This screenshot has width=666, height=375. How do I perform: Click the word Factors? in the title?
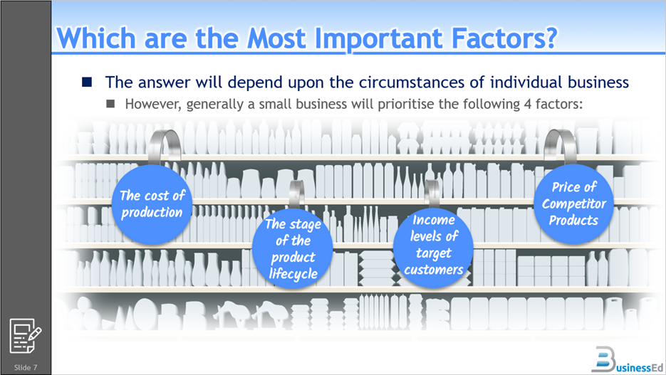(x=504, y=38)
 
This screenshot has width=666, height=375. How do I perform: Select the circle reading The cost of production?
(x=152, y=204)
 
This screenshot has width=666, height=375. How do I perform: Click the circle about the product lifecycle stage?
(x=292, y=248)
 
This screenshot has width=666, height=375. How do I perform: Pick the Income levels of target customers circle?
(x=433, y=248)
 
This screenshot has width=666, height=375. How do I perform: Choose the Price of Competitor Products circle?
(x=574, y=204)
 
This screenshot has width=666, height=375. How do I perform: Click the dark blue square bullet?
(x=87, y=81)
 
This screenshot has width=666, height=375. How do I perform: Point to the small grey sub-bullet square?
(x=110, y=103)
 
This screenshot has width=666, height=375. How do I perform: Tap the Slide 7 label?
(x=26, y=367)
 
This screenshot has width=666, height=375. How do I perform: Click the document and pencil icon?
(x=26, y=336)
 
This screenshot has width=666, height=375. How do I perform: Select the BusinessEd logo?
(x=627, y=360)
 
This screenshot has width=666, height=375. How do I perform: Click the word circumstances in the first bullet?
(x=411, y=83)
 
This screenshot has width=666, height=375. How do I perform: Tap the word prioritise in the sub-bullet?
(x=405, y=105)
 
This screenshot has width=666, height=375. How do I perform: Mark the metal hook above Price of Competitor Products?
(x=560, y=145)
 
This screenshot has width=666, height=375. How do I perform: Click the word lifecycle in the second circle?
(x=293, y=274)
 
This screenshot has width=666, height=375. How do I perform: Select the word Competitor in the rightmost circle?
(x=574, y=204)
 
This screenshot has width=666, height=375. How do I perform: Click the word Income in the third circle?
(x=434, y=220)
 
